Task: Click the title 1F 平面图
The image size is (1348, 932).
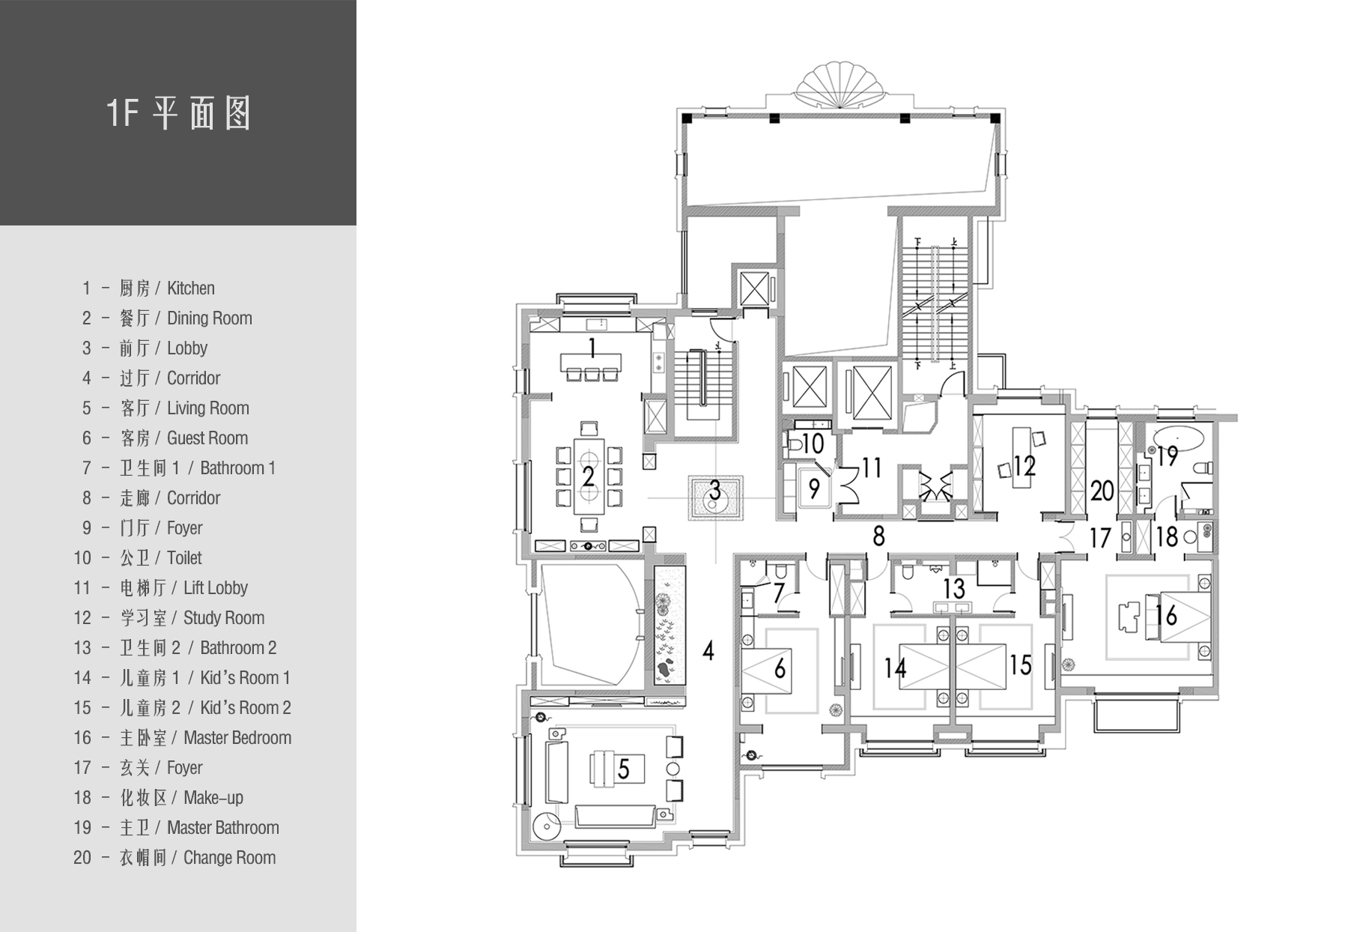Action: tap(178, 113)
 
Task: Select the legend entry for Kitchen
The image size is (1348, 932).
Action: tap(148, 288)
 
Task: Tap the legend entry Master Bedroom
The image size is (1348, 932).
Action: tap(183, 738)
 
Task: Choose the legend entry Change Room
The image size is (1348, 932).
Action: tap(174, 858)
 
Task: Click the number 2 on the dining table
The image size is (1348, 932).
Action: tap(589, 476)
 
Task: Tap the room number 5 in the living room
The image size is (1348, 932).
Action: tap(623, 769)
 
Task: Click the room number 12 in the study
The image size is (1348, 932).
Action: tap(1024, 467)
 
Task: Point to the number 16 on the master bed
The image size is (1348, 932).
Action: tap(1166, 615)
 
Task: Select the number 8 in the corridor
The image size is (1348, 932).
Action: tap(878, 536)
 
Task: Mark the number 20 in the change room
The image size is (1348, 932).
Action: tap(1102, 491)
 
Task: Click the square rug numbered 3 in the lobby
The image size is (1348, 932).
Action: tap(715, 497)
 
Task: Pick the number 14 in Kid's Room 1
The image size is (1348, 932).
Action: tap(896, 667)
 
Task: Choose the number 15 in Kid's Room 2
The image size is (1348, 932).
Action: tap(1021, 664)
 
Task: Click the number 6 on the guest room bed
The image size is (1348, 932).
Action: tap(780, 668)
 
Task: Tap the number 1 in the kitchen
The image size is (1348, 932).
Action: tap(592, 348)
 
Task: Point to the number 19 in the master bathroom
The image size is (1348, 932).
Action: tap(1168, 456)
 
